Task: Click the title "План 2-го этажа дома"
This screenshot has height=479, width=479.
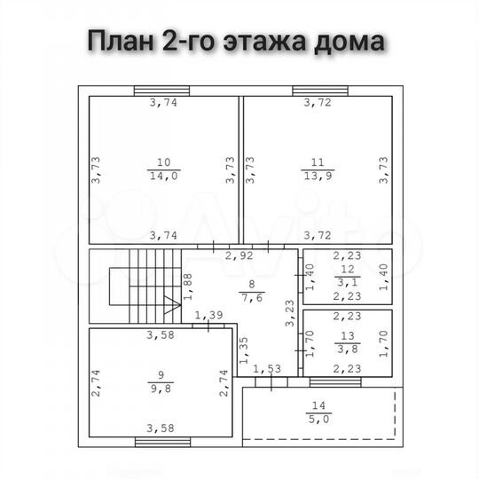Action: pyautogui.click(x=235, y=42)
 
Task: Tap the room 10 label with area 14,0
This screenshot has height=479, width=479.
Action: pyautogui.click(x=163, y=169)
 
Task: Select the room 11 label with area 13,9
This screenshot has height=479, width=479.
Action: pyautogui.click(x=318, y=169)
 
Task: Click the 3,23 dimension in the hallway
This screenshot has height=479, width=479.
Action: pyautogui.click(x=289, y=315)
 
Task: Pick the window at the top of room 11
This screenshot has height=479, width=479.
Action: pyautogui.click(x=318, y=90)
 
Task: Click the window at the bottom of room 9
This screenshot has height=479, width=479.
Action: pyautogui.click(x=161, y=441)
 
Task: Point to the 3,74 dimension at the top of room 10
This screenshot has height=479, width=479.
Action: pyautogui.click(x=162, y=103)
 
